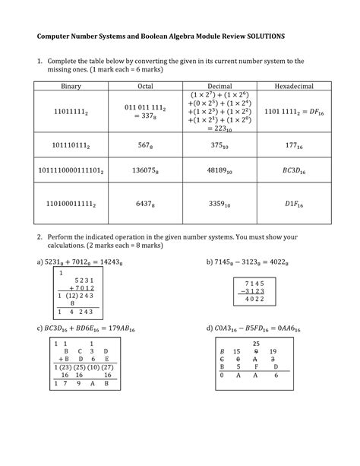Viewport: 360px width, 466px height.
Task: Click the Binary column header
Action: click(69, 86)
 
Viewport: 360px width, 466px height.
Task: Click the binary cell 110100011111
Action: click(69, 204)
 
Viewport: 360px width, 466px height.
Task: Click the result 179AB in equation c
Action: click(136, 330)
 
